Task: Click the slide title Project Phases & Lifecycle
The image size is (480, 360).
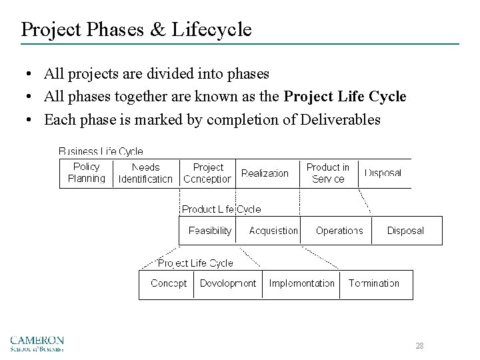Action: [136, 29]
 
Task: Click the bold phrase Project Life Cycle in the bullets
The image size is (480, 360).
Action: [345, 97]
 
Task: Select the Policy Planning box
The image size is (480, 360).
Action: [87, 173]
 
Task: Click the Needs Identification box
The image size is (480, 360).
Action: [145, 173]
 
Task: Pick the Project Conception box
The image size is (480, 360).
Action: [207, 173]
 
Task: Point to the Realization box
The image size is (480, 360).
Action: [265, 173]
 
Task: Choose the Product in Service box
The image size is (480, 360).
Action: [327, 173]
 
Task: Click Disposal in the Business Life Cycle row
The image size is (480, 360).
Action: [383, 173]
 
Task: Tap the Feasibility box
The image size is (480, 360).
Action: [210, 231]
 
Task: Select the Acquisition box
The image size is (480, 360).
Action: [273, 231]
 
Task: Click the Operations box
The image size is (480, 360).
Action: [339, 231]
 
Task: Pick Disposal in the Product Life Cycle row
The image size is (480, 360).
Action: [405, 231]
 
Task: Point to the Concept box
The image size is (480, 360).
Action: [169, 283]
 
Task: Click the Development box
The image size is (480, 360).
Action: [228, 283]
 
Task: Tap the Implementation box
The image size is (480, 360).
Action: [301, 283]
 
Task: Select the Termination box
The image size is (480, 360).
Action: [374, 283]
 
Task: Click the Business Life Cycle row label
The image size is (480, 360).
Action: [101, 151]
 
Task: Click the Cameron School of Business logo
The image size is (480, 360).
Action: [37, 342]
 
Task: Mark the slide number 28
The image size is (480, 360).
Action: [419, 346]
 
